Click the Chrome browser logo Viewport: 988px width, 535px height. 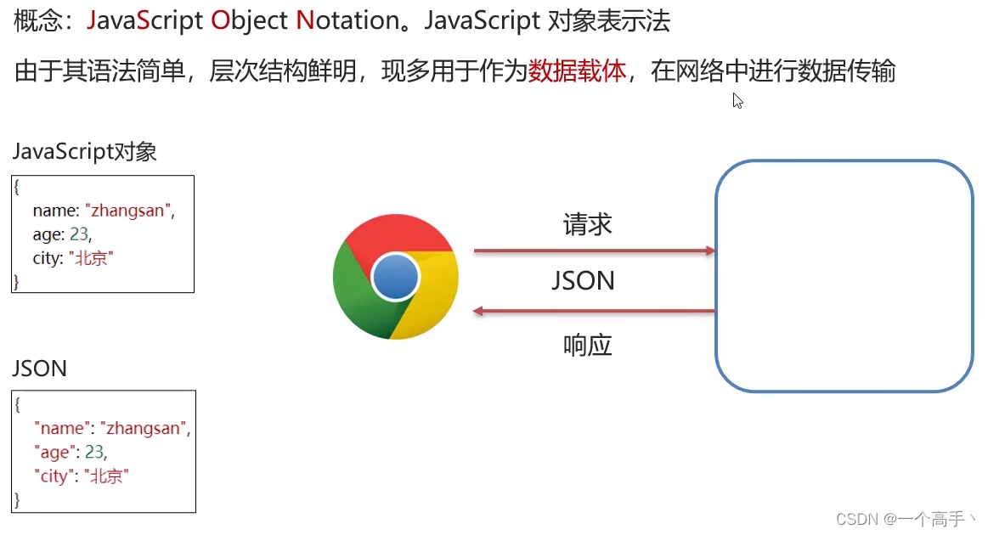click(396, 277)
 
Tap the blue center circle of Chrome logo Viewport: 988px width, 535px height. click(396, 277)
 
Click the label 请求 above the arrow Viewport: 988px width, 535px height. click(587, 225)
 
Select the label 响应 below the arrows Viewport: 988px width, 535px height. click(587, 345)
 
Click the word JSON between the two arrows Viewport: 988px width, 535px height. click(583, 281)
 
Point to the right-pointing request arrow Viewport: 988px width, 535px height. click(594, 251)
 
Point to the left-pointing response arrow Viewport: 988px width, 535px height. click(594, 311)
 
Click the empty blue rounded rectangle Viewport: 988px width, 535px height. click(844, 276)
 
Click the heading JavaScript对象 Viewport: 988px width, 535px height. click(84, 152)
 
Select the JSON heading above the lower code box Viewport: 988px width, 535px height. click(39, 369)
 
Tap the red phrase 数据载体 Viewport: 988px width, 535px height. click(577, 71)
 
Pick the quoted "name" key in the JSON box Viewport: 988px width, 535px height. click(61, 428)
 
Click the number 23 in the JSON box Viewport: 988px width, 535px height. click(95, 452)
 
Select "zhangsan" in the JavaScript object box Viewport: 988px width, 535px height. click(128, 211)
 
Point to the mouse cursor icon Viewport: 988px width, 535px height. click(737, 100)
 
